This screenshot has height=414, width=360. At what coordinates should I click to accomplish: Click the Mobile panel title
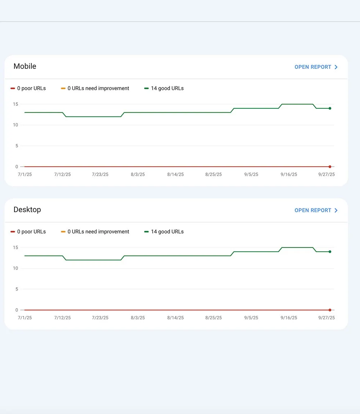pos(25,66)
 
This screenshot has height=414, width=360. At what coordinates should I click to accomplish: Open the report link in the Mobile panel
pos(316,67)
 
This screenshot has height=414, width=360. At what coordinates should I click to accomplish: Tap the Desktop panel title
pos(27,210)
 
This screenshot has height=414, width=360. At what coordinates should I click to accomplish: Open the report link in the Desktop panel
pos(316,210)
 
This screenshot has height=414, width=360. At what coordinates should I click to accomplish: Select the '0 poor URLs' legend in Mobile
pos(28,88)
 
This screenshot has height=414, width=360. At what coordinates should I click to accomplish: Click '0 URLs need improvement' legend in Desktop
pos(95,231)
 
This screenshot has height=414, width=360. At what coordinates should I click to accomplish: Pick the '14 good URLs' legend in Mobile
pos(164,88)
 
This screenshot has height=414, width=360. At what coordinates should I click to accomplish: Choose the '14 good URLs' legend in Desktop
pos(164,231)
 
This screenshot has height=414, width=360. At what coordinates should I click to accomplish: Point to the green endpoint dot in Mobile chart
pos(330,108)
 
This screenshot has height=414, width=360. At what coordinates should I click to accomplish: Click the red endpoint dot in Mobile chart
pos(330,167)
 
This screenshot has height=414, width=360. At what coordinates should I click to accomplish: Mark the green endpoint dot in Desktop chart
pos(330,252)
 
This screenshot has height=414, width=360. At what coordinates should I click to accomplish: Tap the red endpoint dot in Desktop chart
pos(330,310)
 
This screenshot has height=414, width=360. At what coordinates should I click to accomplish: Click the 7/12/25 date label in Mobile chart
pos(63,174)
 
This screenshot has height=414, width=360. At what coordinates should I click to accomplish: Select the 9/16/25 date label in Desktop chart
pos(289,318)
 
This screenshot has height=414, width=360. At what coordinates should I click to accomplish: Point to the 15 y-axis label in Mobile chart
pos(15,104)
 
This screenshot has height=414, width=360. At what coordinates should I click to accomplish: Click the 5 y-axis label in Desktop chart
pos(17,289)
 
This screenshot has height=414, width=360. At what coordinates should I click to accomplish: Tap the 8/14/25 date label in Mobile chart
pos(175,174)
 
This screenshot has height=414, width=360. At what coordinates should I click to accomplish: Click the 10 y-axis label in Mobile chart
pos(15,125)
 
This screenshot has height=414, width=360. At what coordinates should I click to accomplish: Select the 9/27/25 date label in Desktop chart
pos(327,318)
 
